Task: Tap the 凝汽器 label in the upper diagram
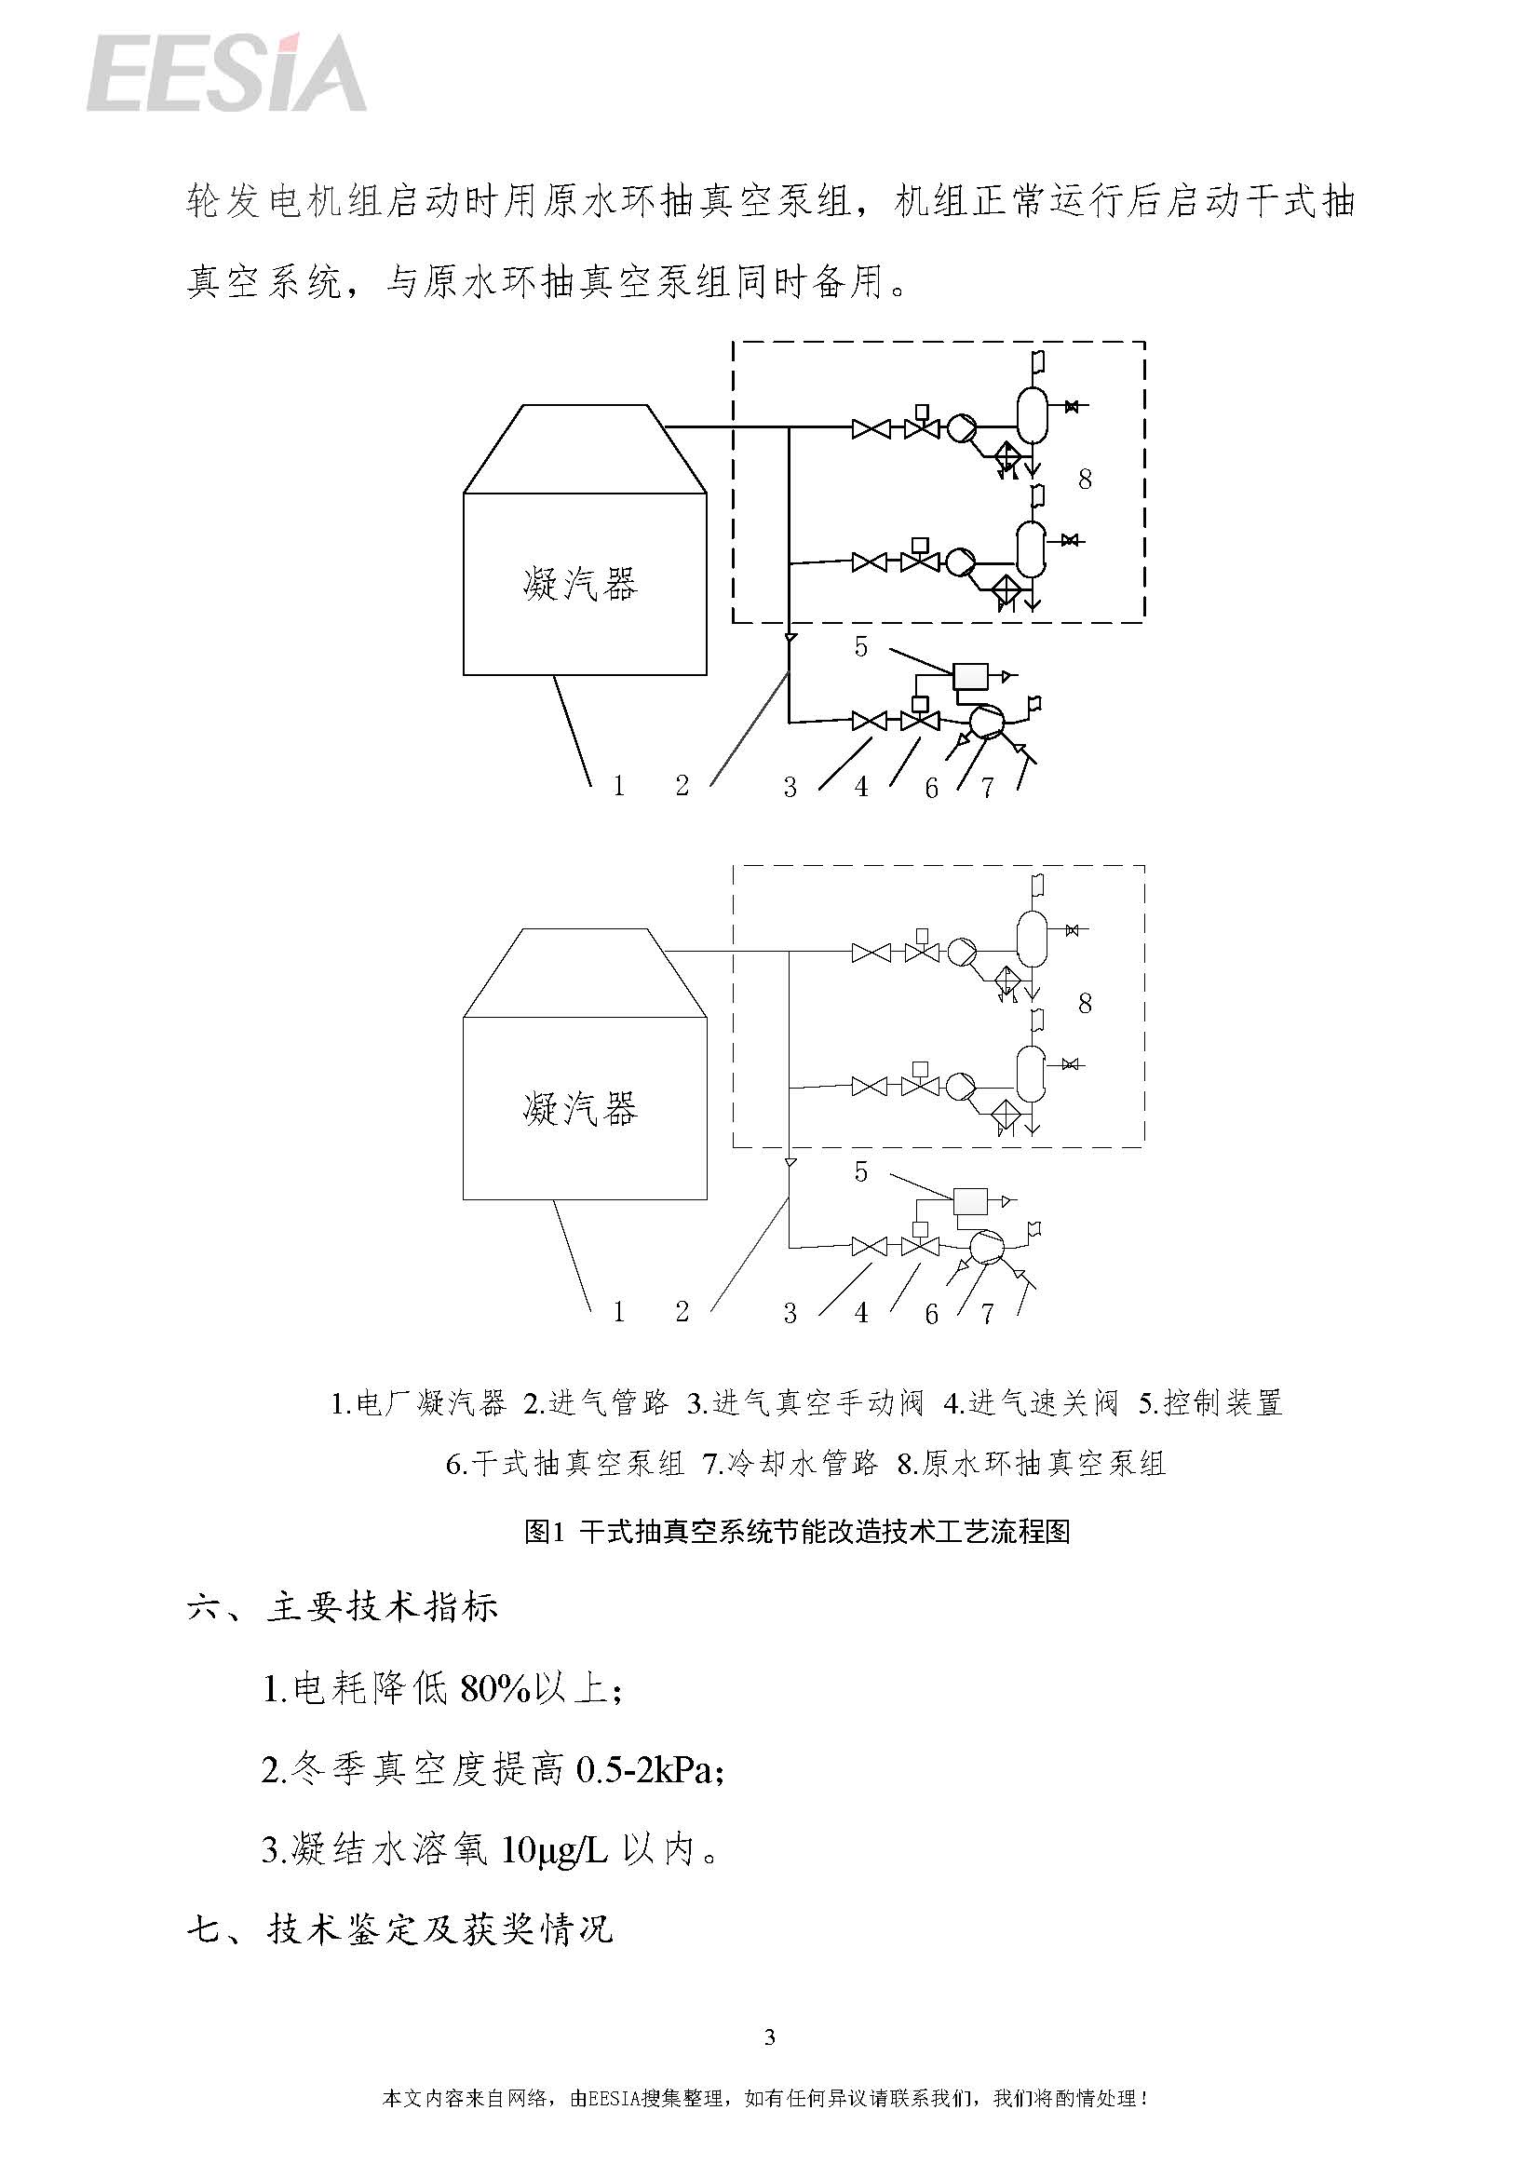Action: coord(580,584)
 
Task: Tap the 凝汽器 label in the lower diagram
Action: coord(580,1108)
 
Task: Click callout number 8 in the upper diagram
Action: coord(1085,479)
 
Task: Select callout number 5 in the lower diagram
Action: coord(860,1171)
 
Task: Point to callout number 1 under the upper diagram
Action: coord(618,786)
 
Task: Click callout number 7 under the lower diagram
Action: coord(987,1313)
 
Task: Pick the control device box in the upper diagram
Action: coord(970,675)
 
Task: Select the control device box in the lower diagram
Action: coord(970,1201)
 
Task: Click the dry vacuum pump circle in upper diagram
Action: coord(986,723)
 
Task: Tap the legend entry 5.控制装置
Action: coord(1211,1403)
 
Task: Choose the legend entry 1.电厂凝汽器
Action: coord(418,1403)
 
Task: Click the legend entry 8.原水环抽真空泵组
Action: coord(1032,1464)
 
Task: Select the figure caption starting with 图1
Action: coord(797,1531)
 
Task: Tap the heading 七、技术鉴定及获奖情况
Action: coord(400,1930)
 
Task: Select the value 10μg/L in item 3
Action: coord(553,1850)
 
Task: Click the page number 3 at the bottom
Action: coord(769,2036)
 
